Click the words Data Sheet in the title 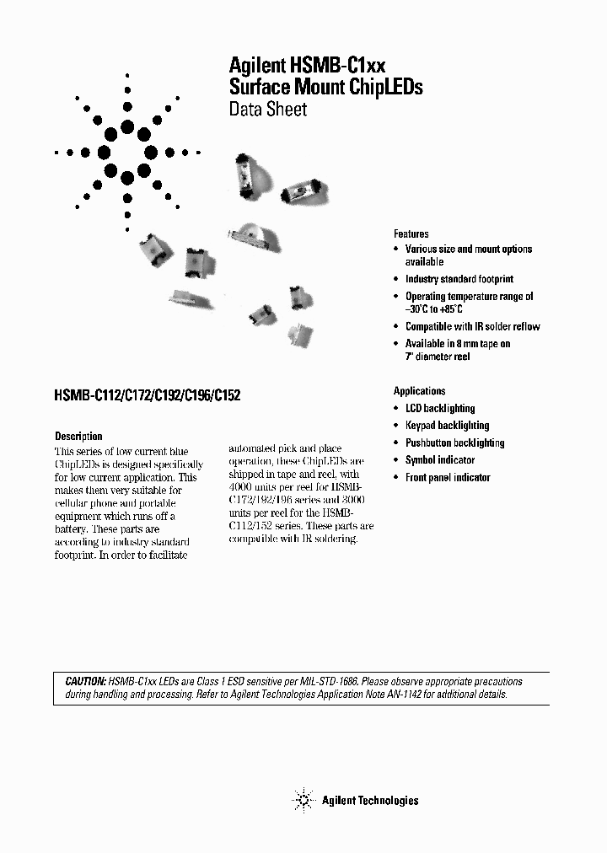268,110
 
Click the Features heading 411,234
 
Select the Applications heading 419,391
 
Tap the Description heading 78,437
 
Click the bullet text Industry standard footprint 459,279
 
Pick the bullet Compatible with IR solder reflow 472,327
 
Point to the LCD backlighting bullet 440,409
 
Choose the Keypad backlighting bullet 447,426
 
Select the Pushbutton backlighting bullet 454,443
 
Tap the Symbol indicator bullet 439,460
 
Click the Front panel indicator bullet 447,478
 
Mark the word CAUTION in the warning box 85,681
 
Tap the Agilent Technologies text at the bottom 369,801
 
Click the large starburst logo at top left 127,153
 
